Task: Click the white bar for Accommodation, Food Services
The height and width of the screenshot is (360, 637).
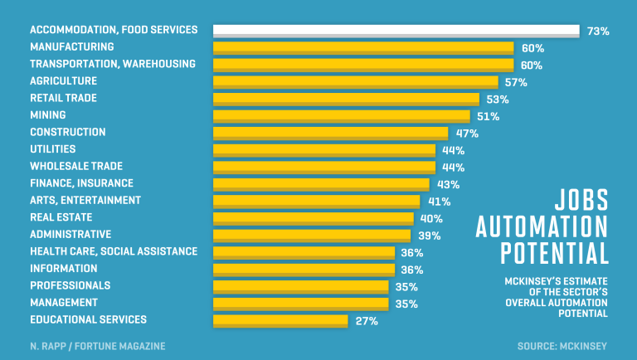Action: pos(396,31)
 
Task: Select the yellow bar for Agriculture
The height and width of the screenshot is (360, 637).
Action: pos(355,82)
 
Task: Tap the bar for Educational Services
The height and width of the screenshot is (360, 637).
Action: pos(280,321)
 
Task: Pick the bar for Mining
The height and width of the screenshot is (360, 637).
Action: pos(341,116)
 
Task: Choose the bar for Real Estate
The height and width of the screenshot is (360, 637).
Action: pos(313,219)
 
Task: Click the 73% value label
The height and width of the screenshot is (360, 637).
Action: pos(598,32)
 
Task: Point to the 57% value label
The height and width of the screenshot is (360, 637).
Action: pos(516,82)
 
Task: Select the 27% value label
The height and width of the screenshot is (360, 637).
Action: pos(366,321)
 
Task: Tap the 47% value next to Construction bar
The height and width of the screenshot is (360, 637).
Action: pos(466,134)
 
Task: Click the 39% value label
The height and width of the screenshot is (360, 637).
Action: pos(429,236)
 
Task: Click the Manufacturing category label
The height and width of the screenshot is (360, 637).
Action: pos(72,46)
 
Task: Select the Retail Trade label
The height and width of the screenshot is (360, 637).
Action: pos(63,98)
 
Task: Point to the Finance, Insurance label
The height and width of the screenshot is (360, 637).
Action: pos(81,182)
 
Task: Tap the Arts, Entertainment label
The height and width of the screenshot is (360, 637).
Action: pos(85,200)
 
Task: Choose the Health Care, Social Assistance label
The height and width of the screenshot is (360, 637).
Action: pos(114,251)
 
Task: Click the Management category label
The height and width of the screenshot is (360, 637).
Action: pos(64,302)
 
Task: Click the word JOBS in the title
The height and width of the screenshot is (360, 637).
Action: pos(581,200)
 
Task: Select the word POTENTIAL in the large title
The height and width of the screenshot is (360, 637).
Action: pos(553,252)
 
